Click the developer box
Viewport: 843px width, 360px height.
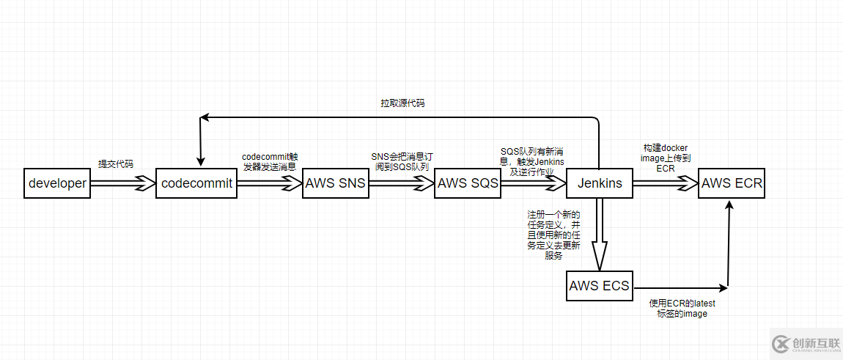[57, 183]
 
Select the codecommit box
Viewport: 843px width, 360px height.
[196, 183]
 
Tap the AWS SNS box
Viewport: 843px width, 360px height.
[336, 183]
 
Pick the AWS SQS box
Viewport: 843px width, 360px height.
[468, 183]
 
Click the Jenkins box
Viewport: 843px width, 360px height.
[600, 183]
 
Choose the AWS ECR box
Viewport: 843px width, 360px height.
[732, 183]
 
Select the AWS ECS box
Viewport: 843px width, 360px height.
[600, 285]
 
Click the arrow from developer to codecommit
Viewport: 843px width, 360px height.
[123, 183]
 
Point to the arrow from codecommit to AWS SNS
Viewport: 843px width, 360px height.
[270, 183]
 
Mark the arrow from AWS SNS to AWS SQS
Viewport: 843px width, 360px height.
[402, 183]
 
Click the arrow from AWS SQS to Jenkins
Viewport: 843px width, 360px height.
[534, 183]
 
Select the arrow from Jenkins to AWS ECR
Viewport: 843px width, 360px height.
[666, 183]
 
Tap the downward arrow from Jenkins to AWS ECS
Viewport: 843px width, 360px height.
[600, 235]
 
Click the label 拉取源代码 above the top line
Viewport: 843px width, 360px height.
[402, 103]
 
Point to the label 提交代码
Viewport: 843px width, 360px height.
[116, 164]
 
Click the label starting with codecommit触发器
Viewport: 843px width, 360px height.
[269, 162]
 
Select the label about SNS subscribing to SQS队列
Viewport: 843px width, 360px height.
[400, 162]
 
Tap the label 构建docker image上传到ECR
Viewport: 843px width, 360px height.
[666, 157]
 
